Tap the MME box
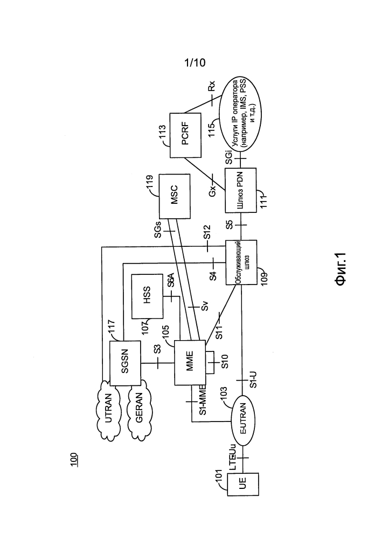coord(190,363)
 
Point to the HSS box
coord(147,296)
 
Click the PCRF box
coord(185,135)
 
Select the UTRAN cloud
coord(108,409)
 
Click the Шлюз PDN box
coord(240,190)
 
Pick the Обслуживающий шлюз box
coord(241,262)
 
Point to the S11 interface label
coord(219,331)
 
